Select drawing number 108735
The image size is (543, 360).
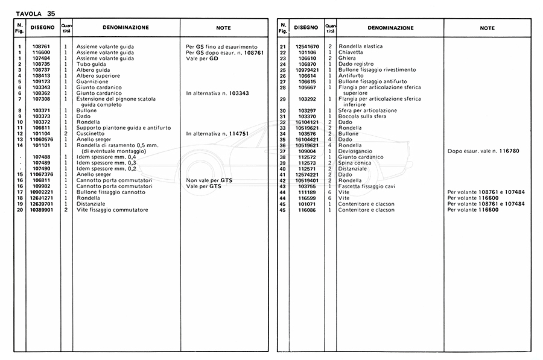41,64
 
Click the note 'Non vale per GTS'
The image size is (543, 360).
209,180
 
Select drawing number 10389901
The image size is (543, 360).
41,209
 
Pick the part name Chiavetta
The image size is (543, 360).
351,52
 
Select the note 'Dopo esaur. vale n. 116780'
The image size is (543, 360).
483,151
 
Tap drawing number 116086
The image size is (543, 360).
306,209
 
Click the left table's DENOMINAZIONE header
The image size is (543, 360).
125,28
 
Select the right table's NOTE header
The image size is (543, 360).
487,28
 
